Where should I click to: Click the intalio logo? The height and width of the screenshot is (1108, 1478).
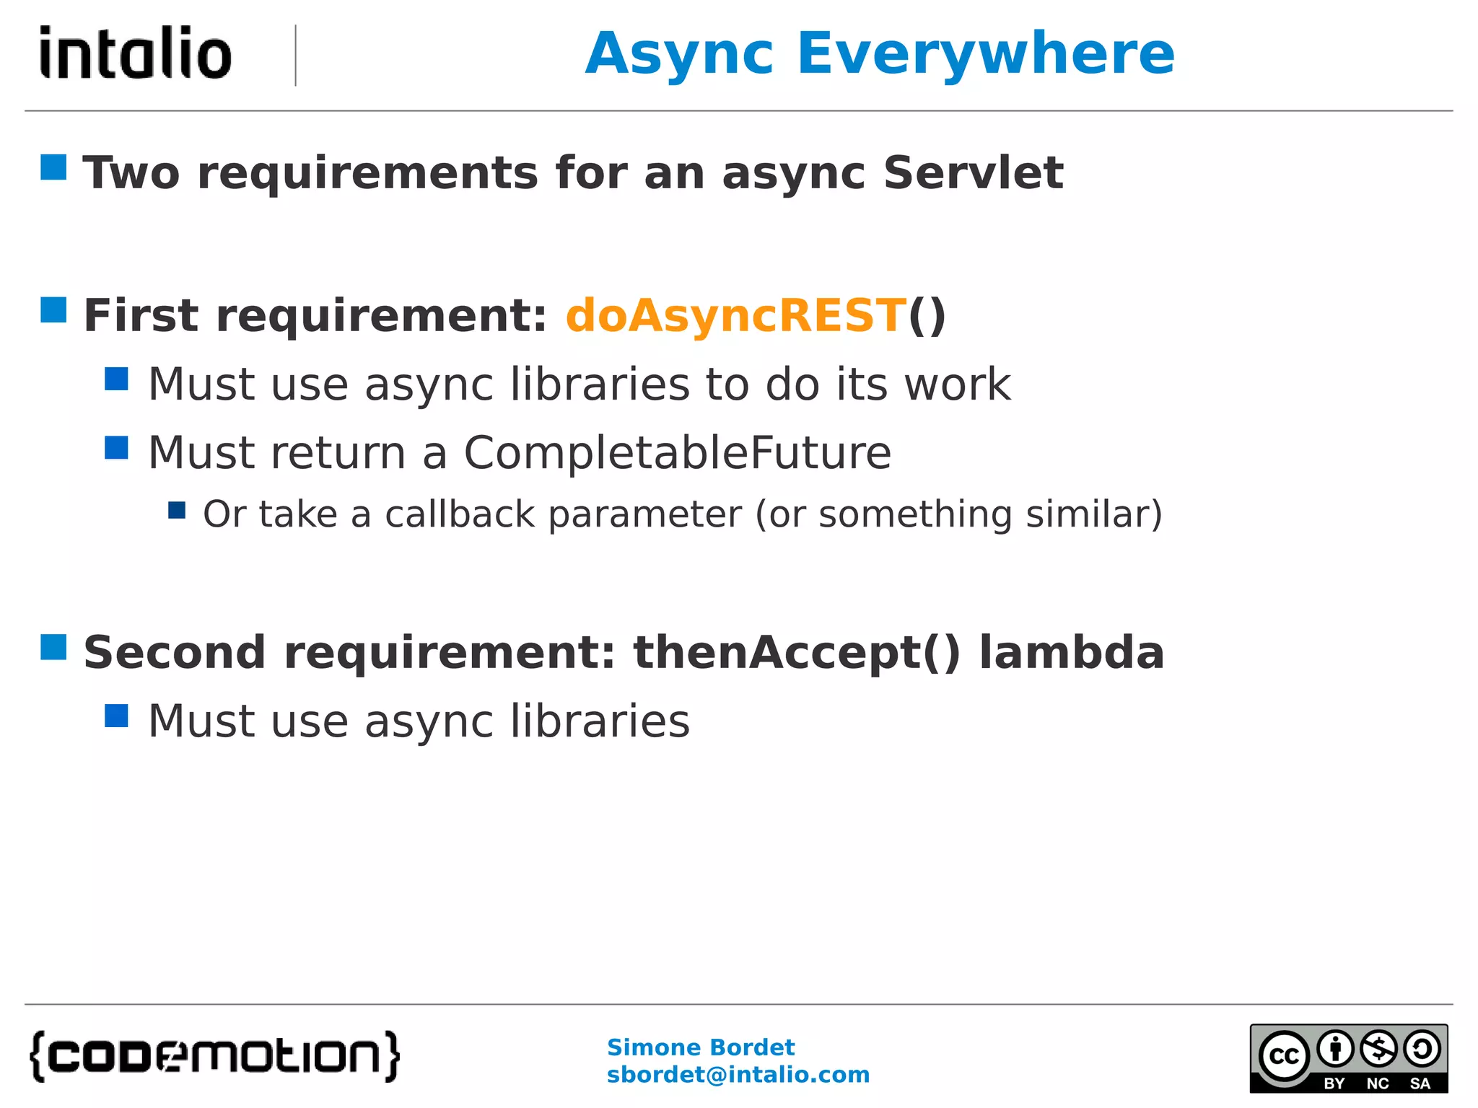[x=136, y=53]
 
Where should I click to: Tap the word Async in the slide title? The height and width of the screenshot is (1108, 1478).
[x=679, y=54]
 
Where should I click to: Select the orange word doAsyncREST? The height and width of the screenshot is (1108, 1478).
[x=735, y=316]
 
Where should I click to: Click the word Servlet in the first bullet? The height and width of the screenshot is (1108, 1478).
[x=973, y=173]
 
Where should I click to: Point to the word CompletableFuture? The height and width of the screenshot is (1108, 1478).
[x=677, y=453]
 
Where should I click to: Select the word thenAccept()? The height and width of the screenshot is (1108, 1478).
[x=797, y=652]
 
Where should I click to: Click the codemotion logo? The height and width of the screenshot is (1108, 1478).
[x=214, y=1056]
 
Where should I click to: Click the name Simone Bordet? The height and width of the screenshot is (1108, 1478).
[x=700, y=1047]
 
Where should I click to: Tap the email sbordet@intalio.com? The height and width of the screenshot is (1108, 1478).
[x=738, y=1075]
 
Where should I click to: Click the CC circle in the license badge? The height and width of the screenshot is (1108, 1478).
[x=1284, y=1056]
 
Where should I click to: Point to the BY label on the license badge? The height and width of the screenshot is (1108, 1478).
[x=1334, y=1083]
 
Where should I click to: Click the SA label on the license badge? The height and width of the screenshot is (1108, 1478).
[x=1420, y=1083]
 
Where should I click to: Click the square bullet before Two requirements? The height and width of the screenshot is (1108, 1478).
[x=53, y=167]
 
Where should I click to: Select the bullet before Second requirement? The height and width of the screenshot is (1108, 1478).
[x=53, y=647]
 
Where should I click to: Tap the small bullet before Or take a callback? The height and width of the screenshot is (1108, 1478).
[x=177, y=510]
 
